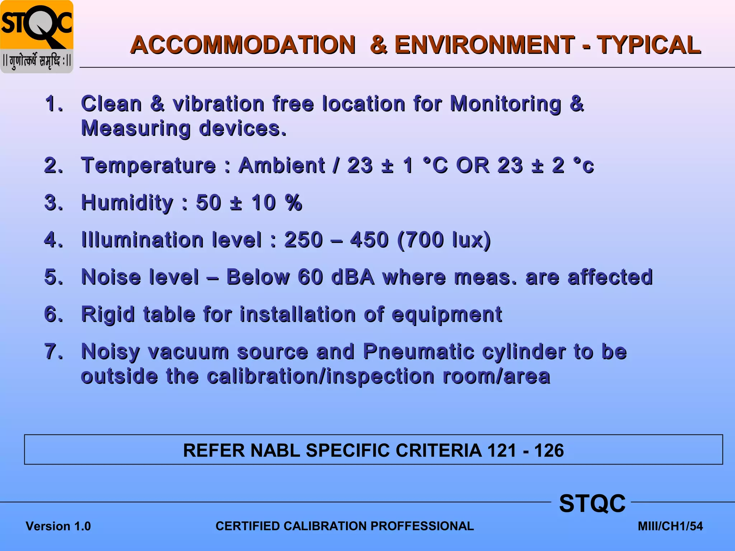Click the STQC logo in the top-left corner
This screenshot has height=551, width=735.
coord(37,37)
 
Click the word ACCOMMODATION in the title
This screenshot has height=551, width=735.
coord(243,45)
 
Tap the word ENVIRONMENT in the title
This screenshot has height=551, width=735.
coord(484,45)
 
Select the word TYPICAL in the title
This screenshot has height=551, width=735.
coord(649,45)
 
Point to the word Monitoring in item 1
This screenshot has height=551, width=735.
coord(505,104)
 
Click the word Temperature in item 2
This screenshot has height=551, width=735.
coord(149,166)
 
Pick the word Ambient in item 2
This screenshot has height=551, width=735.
coord(282,166)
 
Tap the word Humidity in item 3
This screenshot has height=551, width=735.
coord(127,203)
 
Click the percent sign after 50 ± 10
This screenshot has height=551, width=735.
coord(294,203)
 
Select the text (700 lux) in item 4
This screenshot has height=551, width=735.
coord(444,240)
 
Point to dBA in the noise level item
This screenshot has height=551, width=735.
coord(352,277)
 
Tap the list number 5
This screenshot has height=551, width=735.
coord(53,277)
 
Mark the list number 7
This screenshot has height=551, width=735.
coord(53,352)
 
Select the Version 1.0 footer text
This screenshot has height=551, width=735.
coord(58,526)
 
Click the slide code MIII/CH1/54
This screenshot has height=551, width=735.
coord(670,526)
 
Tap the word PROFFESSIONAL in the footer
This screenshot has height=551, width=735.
coord(422,526)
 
